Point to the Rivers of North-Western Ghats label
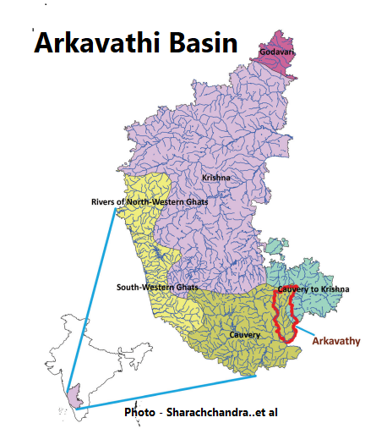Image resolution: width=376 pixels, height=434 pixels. point(149,201)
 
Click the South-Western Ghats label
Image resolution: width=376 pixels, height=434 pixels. point(157,288)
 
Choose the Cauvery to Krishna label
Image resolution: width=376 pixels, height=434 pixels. point(313,289)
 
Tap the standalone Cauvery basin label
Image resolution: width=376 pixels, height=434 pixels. point(244,335)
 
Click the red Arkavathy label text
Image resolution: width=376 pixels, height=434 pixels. point(336,342)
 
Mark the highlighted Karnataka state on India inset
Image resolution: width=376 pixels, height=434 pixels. point(75,396)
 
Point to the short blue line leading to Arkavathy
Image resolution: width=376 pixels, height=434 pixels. point(316,329)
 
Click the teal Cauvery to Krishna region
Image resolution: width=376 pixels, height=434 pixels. point(314,269)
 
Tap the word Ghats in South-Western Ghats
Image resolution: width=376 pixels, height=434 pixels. point(183,288)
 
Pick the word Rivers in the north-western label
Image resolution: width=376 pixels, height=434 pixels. point(105,201)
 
